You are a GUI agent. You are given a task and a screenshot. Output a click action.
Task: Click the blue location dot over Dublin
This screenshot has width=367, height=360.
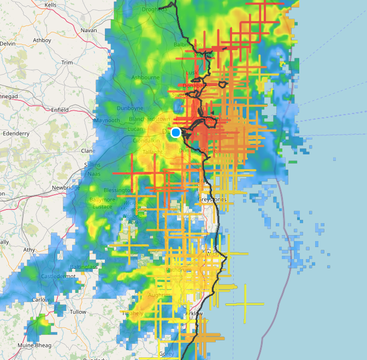(x=176, y=133)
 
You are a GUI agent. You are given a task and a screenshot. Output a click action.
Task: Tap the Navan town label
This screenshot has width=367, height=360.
(x=88, y=31)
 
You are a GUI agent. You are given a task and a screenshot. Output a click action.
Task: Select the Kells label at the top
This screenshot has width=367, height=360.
(x=50, y=4)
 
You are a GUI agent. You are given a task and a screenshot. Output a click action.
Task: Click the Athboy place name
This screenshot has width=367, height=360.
(x=42, y=40)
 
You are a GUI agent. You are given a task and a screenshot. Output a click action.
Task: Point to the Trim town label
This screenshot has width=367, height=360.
(x=67, y=63)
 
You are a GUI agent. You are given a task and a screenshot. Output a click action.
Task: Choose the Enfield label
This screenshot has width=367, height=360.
(x=60, y=110)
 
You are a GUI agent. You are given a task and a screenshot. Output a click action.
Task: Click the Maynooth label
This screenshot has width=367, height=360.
(x=106, y=120)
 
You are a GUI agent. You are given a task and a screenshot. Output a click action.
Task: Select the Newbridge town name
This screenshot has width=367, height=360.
(x=66, y=187)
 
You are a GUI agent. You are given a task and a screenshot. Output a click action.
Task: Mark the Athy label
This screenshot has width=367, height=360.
(x=29, y=250)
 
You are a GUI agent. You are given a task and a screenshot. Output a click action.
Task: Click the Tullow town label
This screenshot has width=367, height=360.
(x=78, y=312)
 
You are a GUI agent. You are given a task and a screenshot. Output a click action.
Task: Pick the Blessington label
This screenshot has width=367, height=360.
(x=118, y=190)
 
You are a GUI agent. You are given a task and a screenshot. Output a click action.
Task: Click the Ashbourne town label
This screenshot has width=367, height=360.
(x=145, y=77)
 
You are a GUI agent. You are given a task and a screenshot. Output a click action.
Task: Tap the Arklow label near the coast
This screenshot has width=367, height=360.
(x=194, y=314)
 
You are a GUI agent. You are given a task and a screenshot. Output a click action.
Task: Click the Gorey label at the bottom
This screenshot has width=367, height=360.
(x=166, y=353)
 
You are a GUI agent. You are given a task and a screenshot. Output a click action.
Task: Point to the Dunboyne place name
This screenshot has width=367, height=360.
(x=129, y=109)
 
